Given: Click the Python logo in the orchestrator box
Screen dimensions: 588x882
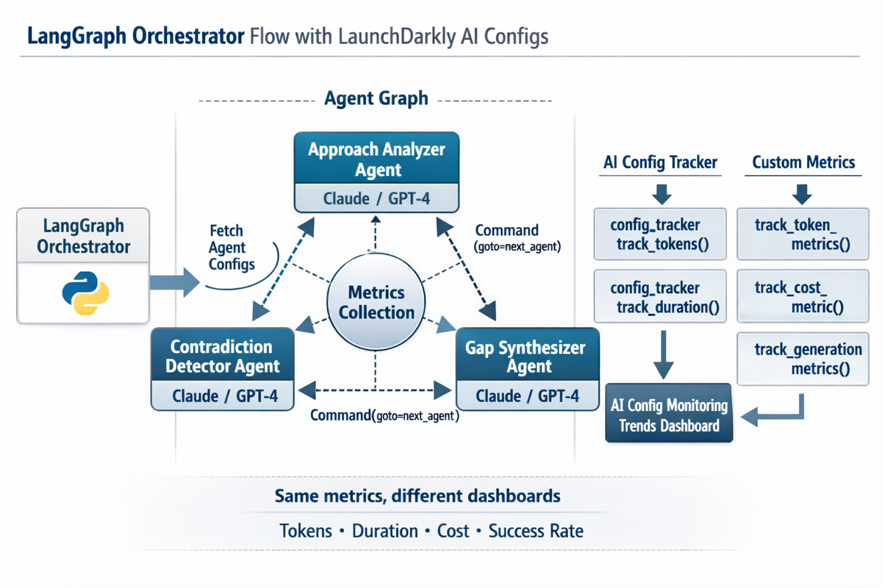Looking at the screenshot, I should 86,293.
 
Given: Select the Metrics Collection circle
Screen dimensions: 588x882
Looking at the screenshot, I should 376,302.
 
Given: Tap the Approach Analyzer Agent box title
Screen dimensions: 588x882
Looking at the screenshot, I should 376,159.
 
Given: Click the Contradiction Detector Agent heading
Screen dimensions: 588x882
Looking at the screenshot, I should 222,356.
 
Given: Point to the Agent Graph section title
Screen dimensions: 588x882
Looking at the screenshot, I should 376,98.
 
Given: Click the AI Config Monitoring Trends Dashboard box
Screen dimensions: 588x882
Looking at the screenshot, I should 668,415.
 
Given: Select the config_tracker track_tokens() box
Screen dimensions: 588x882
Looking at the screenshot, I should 659,234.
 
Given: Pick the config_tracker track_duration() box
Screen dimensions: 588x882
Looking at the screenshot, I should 659,297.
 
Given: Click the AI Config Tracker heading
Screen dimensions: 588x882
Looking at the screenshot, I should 660,162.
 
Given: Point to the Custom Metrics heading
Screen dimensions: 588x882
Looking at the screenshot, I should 803,162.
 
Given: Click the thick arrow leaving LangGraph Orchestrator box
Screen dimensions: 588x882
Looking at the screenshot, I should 174,281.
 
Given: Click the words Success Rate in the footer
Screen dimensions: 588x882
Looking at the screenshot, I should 536,531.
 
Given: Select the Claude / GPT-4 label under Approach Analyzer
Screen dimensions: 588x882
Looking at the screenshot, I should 376,198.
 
